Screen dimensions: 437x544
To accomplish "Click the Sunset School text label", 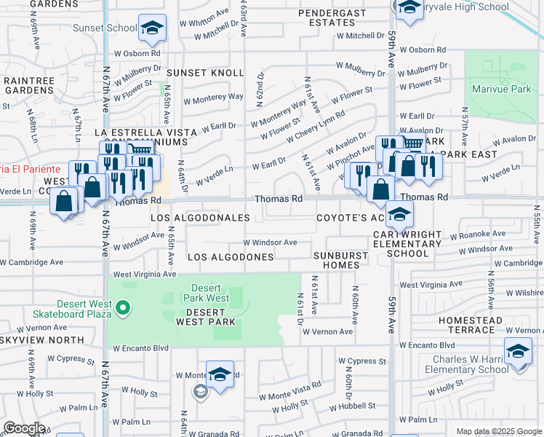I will point(105,28).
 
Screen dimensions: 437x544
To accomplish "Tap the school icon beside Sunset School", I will point(152,29).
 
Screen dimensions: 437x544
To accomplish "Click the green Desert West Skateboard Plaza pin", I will point(123,308).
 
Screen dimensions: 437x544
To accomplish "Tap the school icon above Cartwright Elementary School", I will point(399,214).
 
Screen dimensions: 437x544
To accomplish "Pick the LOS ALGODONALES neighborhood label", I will point(200,219).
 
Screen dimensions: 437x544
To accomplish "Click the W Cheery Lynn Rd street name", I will point(315,127).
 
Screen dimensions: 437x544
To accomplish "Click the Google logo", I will point(24,428).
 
